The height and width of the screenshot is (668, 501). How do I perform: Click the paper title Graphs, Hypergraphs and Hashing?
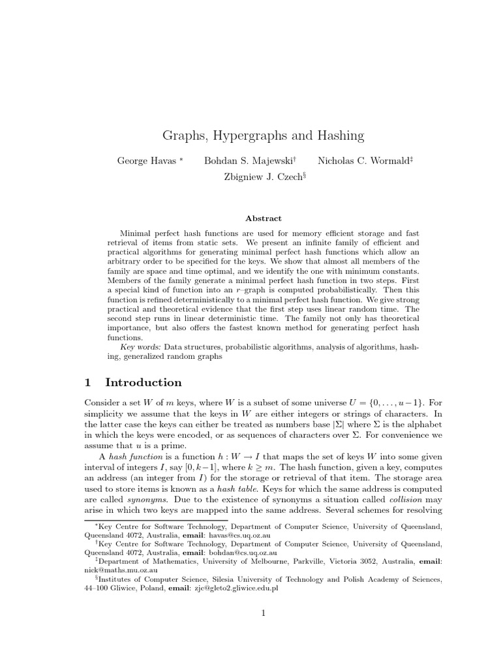263,136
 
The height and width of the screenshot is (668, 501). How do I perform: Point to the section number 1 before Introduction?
89,382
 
